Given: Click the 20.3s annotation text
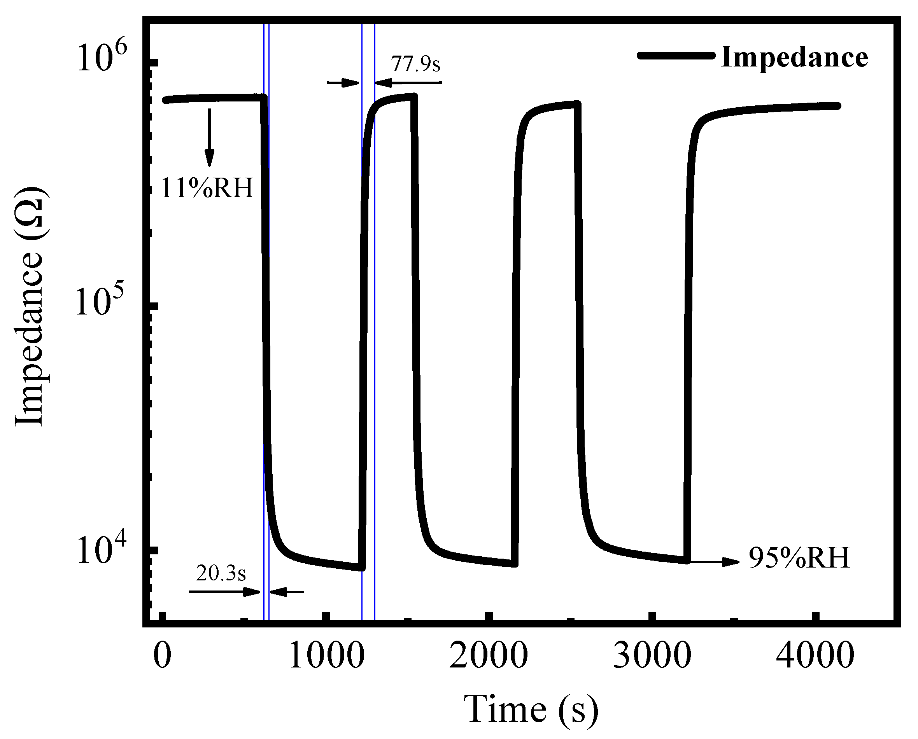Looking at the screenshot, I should point(221,574).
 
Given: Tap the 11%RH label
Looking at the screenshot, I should point(207,188).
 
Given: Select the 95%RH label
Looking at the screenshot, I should point(799,558).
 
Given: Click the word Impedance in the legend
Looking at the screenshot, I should point(794,57).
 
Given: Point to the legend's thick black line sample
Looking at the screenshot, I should point(676,55).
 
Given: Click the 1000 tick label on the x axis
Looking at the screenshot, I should point(326,656).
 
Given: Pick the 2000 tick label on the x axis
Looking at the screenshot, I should point(489,656).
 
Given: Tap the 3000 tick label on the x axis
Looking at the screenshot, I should point(652,656).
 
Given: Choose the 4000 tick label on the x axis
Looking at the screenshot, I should point(815,656).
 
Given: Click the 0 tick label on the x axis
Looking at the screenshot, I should point(162,656).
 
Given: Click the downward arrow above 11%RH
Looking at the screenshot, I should point(209,137).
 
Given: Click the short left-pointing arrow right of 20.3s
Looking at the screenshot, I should point(287,592).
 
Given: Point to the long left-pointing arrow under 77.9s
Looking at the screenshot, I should point(408,82).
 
